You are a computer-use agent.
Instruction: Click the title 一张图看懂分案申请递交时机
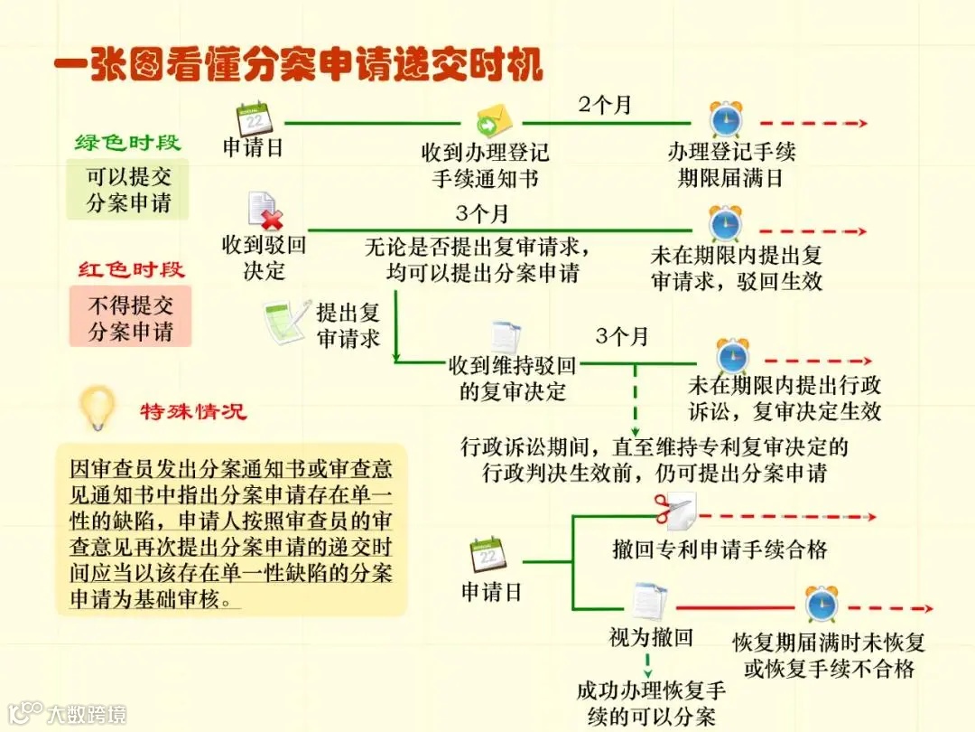click(x=298, y=65)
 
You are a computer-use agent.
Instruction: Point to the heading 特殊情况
click(x=193, y=412)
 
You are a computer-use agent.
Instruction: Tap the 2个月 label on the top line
click(x=605, y=105)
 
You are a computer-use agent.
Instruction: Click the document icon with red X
click(x=264, y=211)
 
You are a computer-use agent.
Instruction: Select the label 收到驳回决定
click(x=264, y=258)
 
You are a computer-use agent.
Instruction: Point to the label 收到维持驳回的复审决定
click(x=513, y=380)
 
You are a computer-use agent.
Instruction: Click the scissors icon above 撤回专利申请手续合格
click(x=673, y=512)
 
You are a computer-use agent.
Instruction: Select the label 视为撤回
click(x=651, y=638)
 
